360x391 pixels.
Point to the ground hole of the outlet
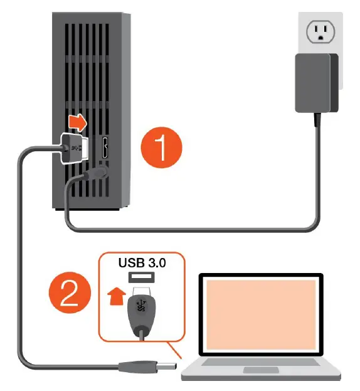[x=320, y=38]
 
